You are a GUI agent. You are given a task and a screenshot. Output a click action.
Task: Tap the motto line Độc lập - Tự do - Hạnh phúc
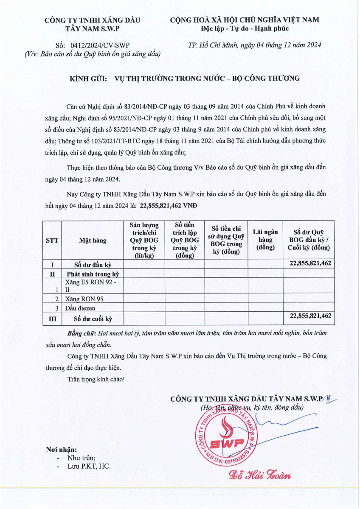(245, 28)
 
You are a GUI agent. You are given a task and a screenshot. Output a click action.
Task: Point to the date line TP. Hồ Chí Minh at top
(255, 45)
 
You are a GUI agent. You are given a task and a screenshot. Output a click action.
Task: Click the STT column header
(52, 240)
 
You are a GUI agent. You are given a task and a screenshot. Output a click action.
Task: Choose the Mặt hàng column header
(93, 240)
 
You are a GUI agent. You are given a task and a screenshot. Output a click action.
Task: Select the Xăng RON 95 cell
(84, 299)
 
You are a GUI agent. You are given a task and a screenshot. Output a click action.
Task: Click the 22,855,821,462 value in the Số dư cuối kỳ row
(310, 316)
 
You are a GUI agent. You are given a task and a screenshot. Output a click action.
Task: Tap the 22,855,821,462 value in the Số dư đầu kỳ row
(310, 263)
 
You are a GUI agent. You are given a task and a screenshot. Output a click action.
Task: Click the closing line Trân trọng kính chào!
(96, 378)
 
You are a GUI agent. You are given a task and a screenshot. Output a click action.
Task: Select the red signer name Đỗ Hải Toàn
(260, 475)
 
